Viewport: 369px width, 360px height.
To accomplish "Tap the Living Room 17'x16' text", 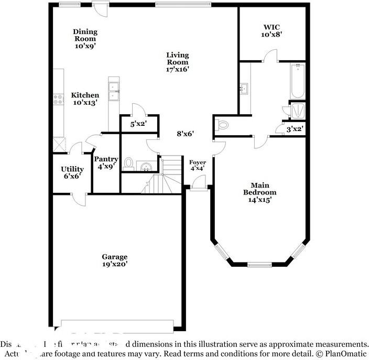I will [x=178, y=61].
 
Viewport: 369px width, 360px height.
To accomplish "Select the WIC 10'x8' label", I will [x=273, y=30].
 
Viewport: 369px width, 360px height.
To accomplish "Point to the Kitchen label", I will [x=85, y=99].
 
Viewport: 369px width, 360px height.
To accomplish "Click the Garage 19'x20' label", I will [x=114, y=260].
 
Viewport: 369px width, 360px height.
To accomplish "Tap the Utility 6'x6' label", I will [x=72, y=172].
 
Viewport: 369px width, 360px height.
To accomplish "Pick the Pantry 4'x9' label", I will [x=106, y=162].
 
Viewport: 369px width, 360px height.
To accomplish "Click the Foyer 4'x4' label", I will [x=198, y=166].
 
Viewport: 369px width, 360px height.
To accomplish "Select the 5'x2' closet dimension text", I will [x=138, y=124].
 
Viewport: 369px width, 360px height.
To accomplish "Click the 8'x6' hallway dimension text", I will [x=186, y=134].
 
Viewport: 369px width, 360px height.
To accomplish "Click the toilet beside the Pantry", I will [x=128, y=163].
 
